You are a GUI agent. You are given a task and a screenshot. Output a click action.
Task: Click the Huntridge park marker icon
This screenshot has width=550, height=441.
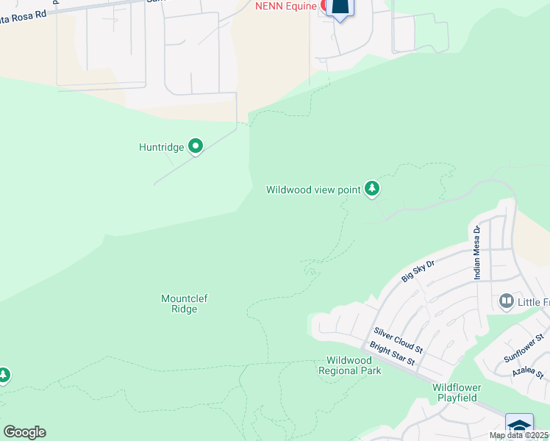click(196, 147)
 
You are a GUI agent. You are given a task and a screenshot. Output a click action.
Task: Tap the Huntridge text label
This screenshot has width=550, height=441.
click(161, 147)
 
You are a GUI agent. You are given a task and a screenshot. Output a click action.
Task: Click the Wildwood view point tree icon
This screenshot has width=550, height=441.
click(373, 190)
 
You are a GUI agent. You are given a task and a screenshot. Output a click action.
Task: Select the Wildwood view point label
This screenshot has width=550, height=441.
click(313, 190)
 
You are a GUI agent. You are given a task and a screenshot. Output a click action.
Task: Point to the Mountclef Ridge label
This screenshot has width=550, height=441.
click(179, 304)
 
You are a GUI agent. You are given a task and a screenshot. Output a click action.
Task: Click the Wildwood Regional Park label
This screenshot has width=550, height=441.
click(349, 365)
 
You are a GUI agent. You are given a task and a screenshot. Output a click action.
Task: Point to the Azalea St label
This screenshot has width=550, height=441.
click(528, 374)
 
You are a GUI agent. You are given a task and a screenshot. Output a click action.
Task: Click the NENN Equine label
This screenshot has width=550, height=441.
click(285, 6)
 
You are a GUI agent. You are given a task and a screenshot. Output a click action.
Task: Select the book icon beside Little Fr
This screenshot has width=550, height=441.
click(506, 301)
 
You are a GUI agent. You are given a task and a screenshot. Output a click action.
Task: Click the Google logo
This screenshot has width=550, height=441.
click(24, 431)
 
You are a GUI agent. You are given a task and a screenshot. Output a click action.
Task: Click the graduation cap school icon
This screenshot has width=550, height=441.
click(519, 427)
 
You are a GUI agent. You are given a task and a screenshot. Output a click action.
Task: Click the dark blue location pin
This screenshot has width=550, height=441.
click(340, 7)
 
